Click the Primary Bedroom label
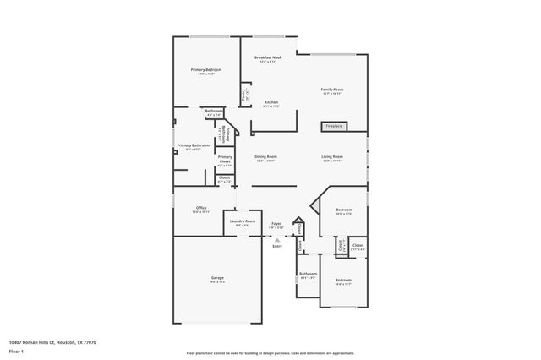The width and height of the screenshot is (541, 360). [206, 70]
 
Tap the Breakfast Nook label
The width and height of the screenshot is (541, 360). [268, 57]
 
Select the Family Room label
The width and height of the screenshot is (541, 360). [331, 90]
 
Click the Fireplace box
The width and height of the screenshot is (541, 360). [333, 127]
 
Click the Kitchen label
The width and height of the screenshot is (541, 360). [270, 103]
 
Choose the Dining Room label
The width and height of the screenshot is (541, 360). [266, 157]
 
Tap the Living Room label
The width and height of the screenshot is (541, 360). [331, 157]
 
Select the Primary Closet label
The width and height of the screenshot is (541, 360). [225, 157]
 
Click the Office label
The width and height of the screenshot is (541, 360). [201, 208]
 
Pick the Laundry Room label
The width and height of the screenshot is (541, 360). [242, 221]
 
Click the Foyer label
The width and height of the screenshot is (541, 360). [276, 224]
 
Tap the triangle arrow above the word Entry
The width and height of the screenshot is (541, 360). [276, 240]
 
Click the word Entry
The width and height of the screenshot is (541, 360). [276, 246]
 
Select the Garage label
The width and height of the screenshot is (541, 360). [217, 278]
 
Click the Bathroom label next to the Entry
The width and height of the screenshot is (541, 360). [308, 274]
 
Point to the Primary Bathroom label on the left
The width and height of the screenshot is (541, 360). [193, 145]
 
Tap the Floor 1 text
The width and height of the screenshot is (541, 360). [15, 351]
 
